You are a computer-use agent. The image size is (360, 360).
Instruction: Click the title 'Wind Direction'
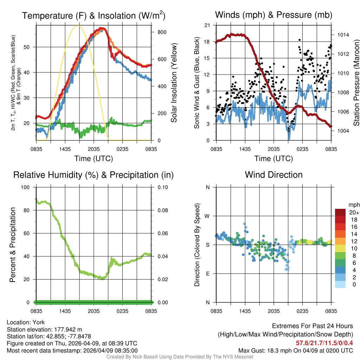(x=274, y=175)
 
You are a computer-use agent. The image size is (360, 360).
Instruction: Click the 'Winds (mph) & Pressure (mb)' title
(x=274, y=15)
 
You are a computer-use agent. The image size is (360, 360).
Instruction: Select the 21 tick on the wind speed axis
(x=207, y=25)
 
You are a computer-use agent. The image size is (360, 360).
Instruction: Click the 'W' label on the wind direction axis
(x=207, y=216)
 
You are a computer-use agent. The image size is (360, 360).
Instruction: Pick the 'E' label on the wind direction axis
(x=207, y=274)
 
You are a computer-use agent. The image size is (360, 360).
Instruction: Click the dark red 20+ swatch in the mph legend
(x=341, y=212)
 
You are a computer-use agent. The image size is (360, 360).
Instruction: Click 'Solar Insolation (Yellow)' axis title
(x=174, y=83)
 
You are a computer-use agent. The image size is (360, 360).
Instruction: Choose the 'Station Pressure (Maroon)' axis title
(x=356, y=83)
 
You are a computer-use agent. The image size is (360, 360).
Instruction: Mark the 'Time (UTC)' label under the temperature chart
(x=94, y=159)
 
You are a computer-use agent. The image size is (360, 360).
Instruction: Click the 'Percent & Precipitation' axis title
(x=12, y=245)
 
